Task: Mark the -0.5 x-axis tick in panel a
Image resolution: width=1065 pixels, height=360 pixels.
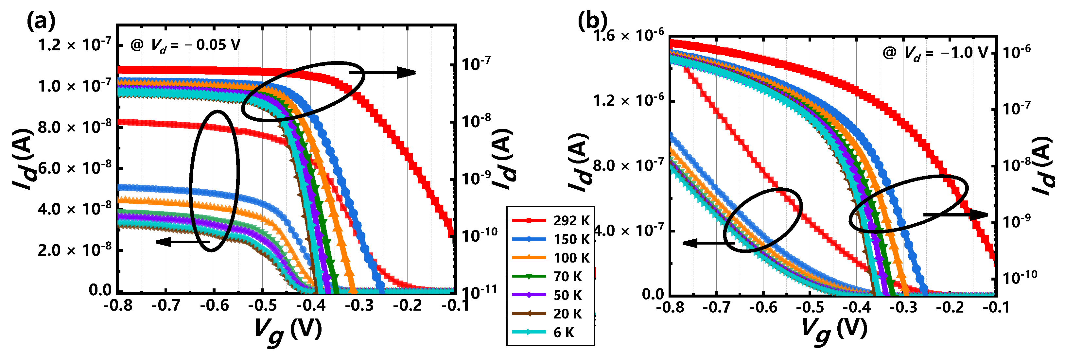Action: (x=262, y=306)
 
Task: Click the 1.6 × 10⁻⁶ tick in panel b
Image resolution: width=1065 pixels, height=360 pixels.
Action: (x=628, y=36)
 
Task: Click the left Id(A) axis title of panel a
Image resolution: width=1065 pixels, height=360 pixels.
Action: (x=25, y=159)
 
